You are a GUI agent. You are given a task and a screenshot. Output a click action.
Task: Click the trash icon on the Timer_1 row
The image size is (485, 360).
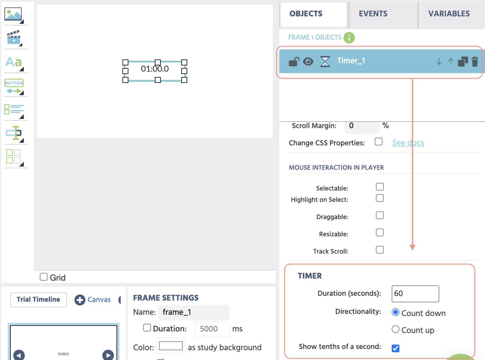click(x=475, y=62)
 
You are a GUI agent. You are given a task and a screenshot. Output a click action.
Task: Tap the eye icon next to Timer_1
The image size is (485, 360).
click(x=308, y=62)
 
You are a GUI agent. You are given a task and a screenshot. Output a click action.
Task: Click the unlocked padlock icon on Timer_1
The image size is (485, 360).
click(x=294, y=62)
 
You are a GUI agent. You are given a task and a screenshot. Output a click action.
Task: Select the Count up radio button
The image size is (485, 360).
click(x=395, y=329)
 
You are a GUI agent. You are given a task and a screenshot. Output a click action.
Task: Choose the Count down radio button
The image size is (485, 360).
click(x=395, y=312)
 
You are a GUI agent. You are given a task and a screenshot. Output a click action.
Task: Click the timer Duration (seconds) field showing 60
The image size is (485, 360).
click(x=415, y=293)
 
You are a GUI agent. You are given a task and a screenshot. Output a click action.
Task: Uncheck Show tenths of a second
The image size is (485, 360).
click(x=395, y=348)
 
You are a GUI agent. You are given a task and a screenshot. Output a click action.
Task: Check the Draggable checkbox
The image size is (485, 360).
click(x=379, y=215)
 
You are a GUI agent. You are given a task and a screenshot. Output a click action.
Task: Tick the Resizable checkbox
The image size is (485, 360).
click(x=379, y=233)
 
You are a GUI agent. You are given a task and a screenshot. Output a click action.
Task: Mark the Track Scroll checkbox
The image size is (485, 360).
click(x=379, y=250)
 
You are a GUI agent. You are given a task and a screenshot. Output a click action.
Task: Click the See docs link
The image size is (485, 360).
click(x=408, y=143)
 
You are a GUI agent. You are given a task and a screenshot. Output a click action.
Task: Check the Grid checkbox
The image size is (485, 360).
click(x=44, y=277)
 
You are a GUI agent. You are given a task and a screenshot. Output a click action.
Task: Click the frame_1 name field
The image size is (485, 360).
click(x=193, y=312)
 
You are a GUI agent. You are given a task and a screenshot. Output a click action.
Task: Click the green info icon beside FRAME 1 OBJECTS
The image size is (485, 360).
click(x=349, y=38)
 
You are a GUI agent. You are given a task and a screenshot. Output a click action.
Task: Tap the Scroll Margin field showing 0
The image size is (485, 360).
click(x=362, y=126)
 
